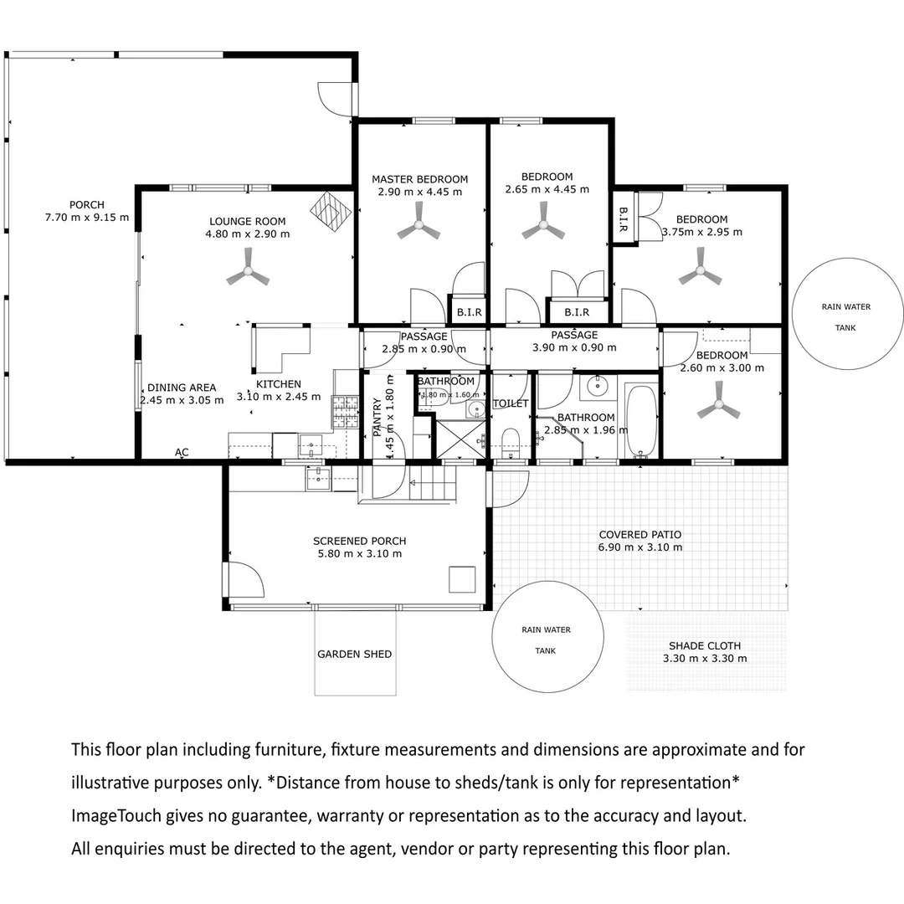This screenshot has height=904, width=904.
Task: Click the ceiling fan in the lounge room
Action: point(248,270)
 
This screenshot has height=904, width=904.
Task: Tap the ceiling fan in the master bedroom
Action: point(419,224)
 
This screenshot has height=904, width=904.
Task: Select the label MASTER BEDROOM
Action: point(419,179)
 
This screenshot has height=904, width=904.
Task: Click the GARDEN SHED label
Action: point(355,654)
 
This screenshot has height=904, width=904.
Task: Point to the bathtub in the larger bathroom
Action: point(640,421)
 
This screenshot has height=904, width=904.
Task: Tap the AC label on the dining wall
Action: point(182,453)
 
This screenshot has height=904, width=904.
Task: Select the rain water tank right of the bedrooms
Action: point(846,314)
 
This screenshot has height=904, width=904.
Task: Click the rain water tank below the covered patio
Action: point(547,636)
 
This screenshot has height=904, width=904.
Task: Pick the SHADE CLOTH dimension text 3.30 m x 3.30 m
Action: point(705,659)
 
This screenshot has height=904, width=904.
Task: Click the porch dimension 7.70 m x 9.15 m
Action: point(87,218)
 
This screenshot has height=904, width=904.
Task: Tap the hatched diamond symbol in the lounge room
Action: point(331,212)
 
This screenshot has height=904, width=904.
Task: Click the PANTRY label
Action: point(377,416)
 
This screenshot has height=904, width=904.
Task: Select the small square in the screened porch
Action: point(462,579)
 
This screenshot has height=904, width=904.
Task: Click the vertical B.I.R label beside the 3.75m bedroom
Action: point(624,219)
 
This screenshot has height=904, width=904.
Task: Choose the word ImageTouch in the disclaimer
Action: point(116,816)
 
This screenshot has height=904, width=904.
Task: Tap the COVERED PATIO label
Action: point(640,534)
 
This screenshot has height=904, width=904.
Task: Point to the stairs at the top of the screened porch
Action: point(433,483)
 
